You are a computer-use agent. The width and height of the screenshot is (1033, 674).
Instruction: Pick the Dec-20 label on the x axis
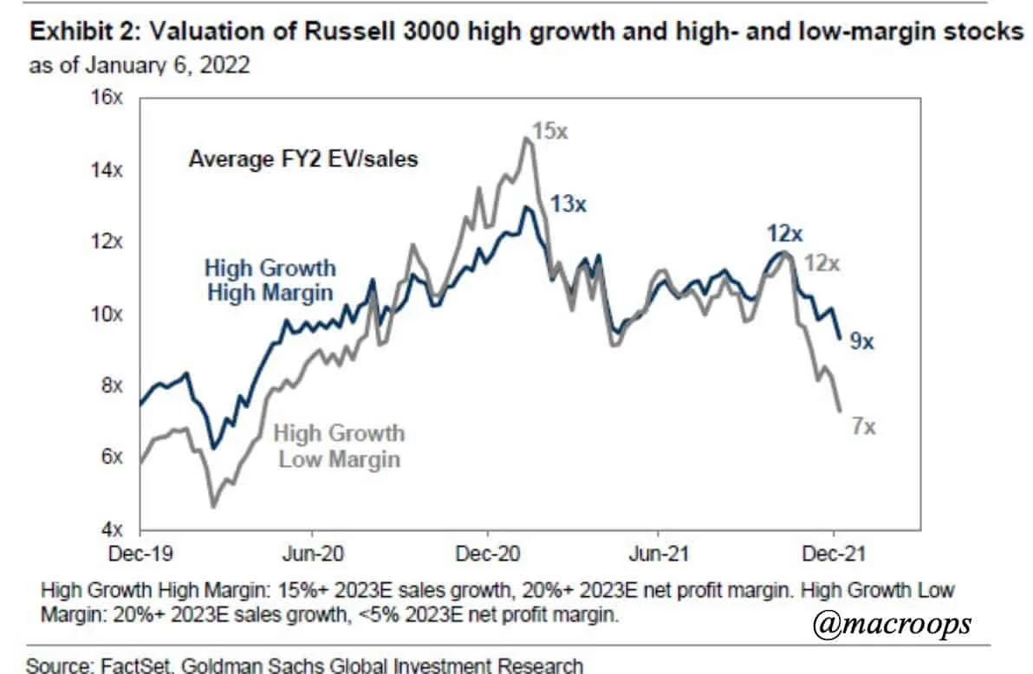tap(487, 552)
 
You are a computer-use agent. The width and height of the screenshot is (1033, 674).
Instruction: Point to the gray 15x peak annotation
tap(549, 132)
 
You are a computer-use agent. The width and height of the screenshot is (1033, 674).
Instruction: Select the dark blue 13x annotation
tap(568, 205)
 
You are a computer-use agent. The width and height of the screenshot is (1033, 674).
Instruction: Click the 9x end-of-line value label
tap(861, 342)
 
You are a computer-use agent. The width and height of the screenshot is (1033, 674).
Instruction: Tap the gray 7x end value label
tap(863, 426)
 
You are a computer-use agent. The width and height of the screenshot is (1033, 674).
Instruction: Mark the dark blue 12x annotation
tap(784, 232)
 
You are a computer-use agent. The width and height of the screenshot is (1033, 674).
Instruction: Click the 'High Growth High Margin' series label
tap(270, 280)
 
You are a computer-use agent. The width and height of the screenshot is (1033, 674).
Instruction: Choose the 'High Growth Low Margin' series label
tap(340, 445)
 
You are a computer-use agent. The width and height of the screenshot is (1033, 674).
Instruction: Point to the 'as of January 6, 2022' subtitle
tap(140, 66)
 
